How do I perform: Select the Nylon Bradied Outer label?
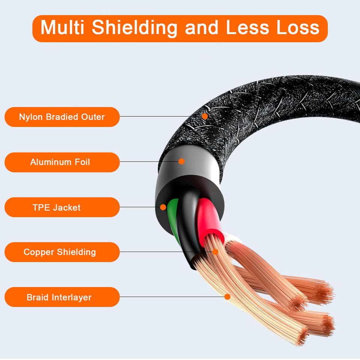[62, 117]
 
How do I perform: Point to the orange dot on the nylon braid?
[205, 116]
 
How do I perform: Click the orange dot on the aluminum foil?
[181, 161]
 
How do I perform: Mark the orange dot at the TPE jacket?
[163, 207]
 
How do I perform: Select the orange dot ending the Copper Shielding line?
[215, 252]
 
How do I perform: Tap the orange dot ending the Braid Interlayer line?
[227, 297]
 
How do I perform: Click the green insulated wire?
[172, 217]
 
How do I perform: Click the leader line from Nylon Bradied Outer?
[161, 116]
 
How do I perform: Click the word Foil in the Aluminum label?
[82, 162]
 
